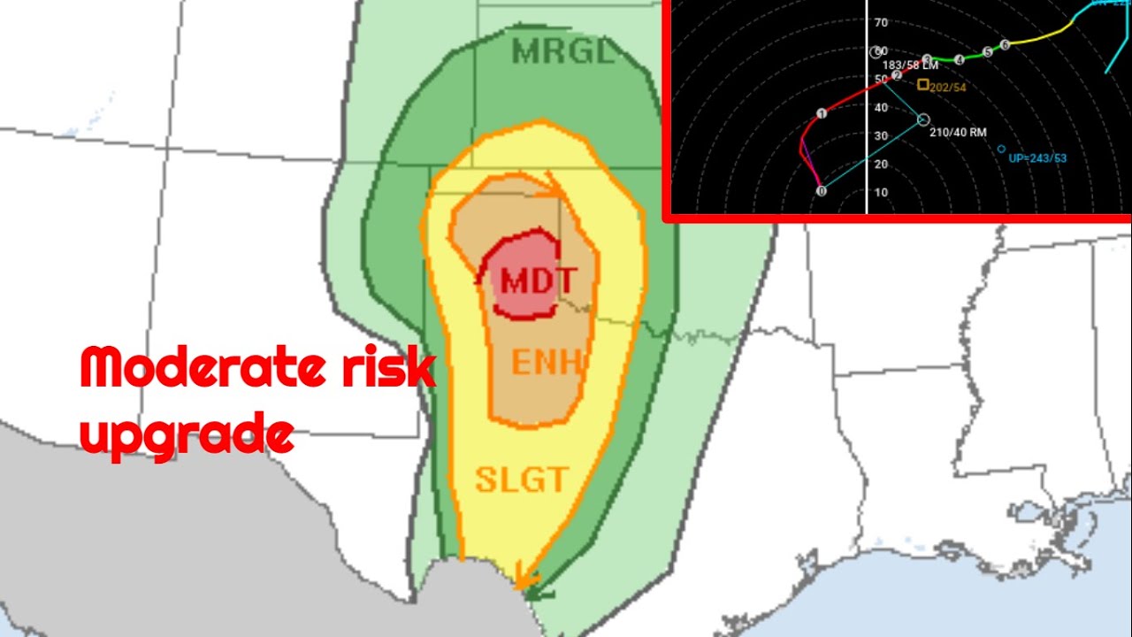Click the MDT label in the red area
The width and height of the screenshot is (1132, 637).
click(538, 281)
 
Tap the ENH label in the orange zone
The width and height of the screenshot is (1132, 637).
click(548, 362)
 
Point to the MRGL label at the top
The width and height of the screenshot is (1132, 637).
click(562, 52)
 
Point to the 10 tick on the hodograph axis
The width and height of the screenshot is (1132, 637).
click(881, 193)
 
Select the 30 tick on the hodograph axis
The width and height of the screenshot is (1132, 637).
click(881, 136)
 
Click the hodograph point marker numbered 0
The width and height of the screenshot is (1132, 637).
click(822, 190)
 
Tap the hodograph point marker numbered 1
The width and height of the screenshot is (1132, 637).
click(822, 113)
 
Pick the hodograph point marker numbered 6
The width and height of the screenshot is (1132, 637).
click(1005, 44)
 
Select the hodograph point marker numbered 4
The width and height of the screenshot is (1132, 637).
click(960, 59)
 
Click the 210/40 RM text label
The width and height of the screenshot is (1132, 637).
click(958, 133)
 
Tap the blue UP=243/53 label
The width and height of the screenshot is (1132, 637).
click(1037, 158)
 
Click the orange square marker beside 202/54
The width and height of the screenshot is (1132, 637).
click(923, 85)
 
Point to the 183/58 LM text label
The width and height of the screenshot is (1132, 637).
click(910, 65)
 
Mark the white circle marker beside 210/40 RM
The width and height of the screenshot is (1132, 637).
click(923, 119)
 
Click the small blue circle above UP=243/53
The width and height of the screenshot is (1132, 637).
click(1001, 149)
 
